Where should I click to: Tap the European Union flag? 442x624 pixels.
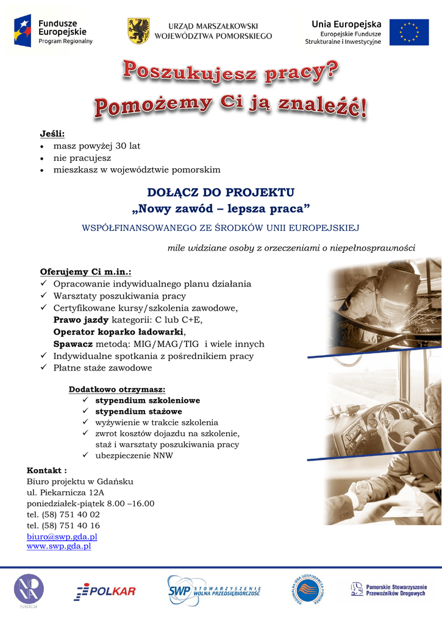pyautogui.click(x=409, y=32)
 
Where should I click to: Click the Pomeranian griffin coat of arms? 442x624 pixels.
pyautogui.click(x=138, y=30)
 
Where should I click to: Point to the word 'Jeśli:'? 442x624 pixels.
pyautogui.click(x=52, y=134)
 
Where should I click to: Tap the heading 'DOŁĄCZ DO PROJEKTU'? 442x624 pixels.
pyautogui.click(x=221, y=193)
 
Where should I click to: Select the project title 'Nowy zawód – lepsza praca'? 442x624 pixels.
pyautogui.click(x=221, y=209)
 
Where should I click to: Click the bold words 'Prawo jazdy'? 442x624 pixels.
pyautogui.click(x=81, y=319)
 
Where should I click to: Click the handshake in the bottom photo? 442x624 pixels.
pyautogui.click(x=362, y=491)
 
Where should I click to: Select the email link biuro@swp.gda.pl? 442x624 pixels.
pyautogui.click(x=62, y=536)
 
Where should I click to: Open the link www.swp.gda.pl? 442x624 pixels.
pyautogui.click(x=59, y=547)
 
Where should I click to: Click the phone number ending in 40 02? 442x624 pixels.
pyautogui.click(x=63, y=514)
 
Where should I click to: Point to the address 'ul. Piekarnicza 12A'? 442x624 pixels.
pyautogui.click(x=65, y=492)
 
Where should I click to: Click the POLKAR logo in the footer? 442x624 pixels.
pyautogui.click(x=105, y=590)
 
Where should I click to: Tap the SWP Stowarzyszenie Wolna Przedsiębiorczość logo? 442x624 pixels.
pyautogui.click(x=214, y=590)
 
